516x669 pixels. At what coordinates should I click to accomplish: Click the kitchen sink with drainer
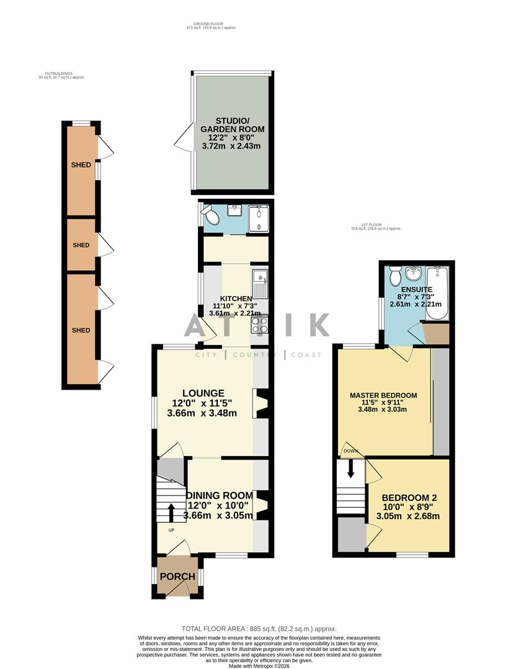tap(259, 284)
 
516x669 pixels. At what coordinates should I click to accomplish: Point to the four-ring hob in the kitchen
tap(260, 325)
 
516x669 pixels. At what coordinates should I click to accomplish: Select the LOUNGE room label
tap(203, 393)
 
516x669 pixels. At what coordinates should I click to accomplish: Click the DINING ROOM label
tap(220, 495)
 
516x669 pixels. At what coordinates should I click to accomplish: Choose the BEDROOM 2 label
tap(409, 497)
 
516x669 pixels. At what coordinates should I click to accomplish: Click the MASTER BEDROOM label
tap(383, 395)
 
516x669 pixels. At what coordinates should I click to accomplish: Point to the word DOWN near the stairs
tap(350, 452)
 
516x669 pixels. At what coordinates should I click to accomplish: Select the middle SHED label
tap(81, 245)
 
